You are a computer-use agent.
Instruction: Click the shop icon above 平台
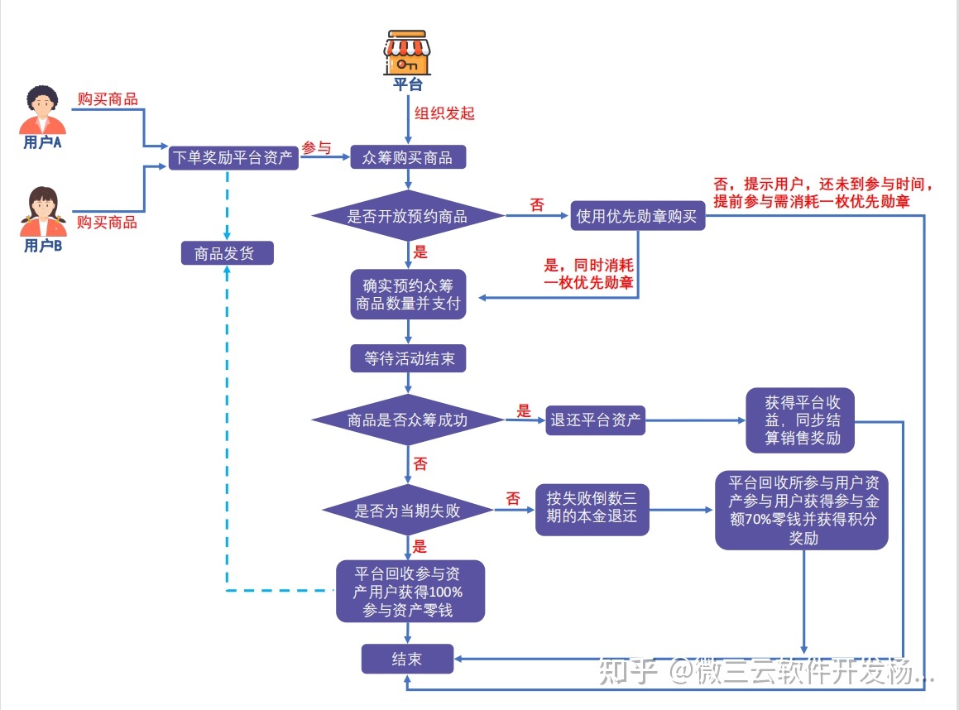point(407,54)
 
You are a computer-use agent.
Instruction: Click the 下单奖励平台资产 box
point(233,157)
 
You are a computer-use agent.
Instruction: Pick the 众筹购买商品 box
point(407,157)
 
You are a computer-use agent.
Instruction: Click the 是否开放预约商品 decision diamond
point(407,217)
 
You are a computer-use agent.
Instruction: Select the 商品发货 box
point(228,253)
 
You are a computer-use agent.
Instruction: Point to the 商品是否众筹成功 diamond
point(407,420)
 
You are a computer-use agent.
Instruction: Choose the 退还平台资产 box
point(596,420)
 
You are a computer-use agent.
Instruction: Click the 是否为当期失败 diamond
point(407,511)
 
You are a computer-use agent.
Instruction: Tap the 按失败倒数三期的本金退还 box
point(592,508)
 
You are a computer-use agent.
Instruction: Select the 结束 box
point(407,659)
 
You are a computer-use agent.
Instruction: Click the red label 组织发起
point(444,113)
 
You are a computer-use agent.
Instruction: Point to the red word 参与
point(316,148)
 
